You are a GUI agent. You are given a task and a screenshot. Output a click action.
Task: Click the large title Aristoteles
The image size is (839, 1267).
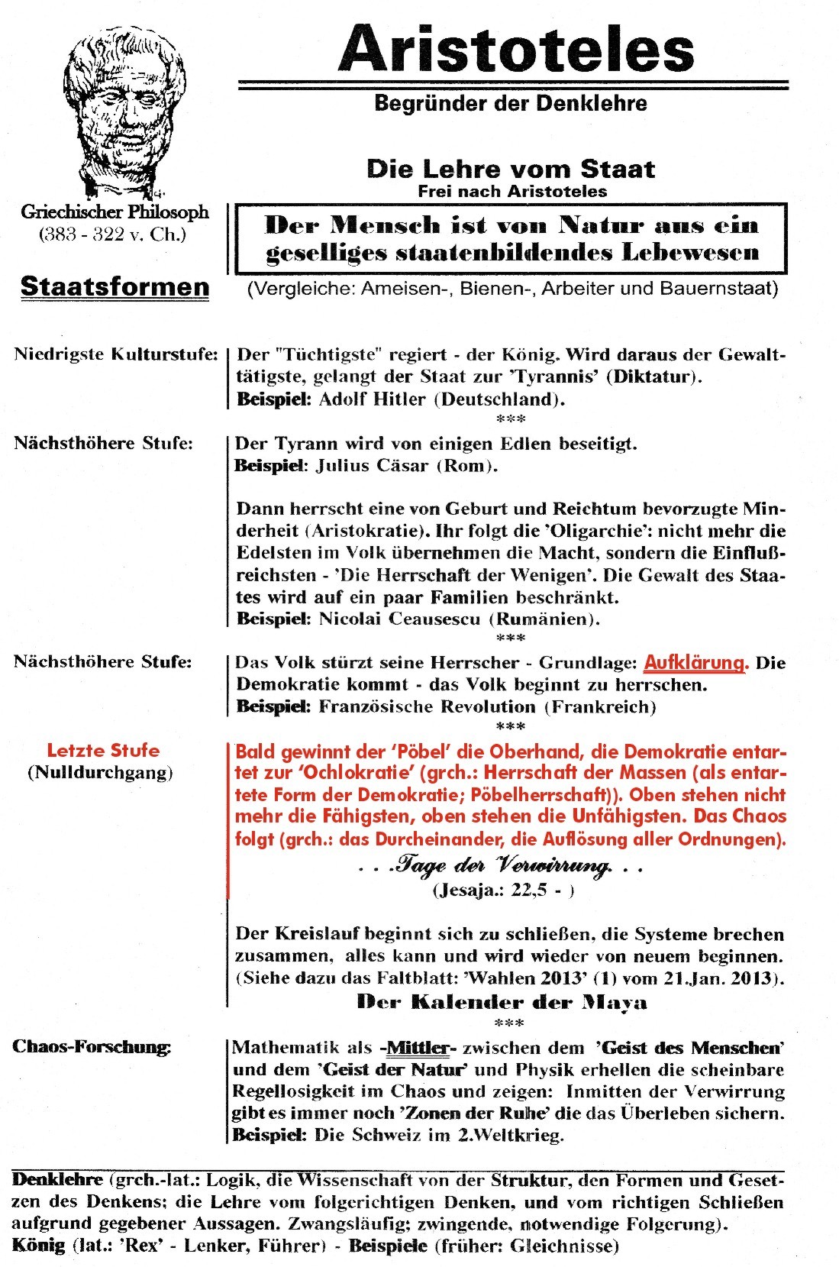click(516, 48)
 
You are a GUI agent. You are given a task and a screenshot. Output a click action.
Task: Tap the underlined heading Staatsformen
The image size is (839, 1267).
click(115, 286)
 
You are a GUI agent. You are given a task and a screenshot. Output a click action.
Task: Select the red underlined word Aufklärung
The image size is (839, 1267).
click(695, 662)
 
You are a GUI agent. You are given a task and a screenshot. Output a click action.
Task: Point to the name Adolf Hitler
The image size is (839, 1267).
click(372, 399)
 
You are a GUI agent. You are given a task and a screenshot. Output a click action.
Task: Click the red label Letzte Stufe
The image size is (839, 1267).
click(103, 750)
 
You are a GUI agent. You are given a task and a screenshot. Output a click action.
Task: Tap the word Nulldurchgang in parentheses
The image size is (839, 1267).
click(101, 772)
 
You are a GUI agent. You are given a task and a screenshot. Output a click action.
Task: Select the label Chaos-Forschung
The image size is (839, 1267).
click(92, 1046)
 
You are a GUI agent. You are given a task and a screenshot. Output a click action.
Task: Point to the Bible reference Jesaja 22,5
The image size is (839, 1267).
click(503, 889)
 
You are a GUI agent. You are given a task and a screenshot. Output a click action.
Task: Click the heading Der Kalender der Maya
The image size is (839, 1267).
click(502, 1002)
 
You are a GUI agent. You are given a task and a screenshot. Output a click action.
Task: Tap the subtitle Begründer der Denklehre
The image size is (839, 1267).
click(510, 103)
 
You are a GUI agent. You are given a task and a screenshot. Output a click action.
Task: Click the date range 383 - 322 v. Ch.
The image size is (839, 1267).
click(113, 234)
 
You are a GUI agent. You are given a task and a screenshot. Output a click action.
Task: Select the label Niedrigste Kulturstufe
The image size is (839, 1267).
click(115, 354)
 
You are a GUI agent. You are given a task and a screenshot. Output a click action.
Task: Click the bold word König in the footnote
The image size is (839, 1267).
click(38, 1245)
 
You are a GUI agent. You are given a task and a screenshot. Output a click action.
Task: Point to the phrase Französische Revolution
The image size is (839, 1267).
click(428, 706)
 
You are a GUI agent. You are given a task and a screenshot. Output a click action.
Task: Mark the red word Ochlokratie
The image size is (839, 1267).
click(360, 772)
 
